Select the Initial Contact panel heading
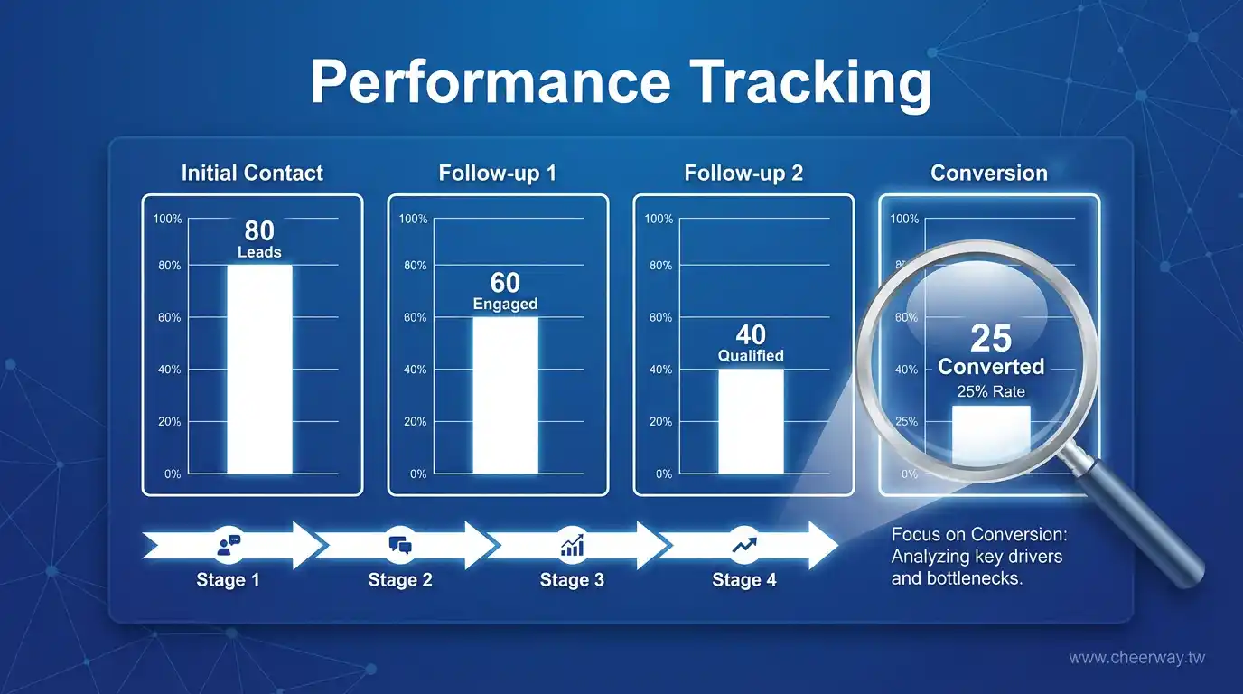pyautogui.click(x=252, y=173)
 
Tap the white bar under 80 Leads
pyautogui.click(x=259, y=370)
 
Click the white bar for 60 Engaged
pyautogui.click(x=506, y=395)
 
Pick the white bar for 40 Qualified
pyautogui.click(x=752, y=421)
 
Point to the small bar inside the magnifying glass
pyautogui.click(x=991, y=434)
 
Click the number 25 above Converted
pyautogui.click(x=991, y=338)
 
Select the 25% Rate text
pyautogui.click(x=991, y=391)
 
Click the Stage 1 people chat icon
pyautogui.click(x=229, y=545)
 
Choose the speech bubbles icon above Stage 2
pyautogui.click(x=400, y=545)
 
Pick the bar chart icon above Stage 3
pyautogui.click(x=572, y=545)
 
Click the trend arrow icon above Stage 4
pyautogui.click(x=744, y=545)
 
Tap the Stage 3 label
pyautogui.click(x=572, y=580)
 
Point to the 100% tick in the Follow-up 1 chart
pyautogui.click(x=414, y=219)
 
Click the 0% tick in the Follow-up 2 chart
pyautogui.click(x=664, y=474)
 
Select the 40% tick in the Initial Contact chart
pyautogui.click(x=169, y=370)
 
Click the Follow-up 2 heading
pyautogui.click(x=743, y=173)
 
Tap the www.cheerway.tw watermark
pyautogui.click(x=1137, y=658)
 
